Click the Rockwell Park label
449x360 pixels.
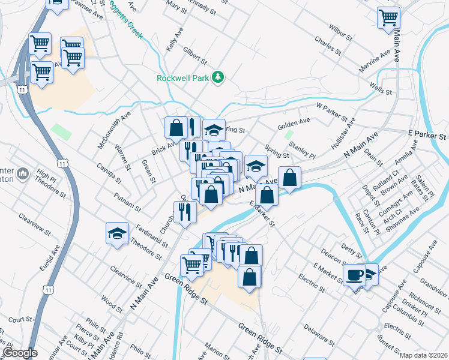185,78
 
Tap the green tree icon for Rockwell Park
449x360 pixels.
220,77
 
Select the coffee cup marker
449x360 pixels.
355,275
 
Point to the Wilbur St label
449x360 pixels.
340,31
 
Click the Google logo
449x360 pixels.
20,353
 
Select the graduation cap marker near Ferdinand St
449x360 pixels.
118,233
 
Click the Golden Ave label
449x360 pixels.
294,124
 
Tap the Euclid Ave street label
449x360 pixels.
51,259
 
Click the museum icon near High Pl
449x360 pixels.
23,175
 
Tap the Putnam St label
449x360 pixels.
129,202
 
